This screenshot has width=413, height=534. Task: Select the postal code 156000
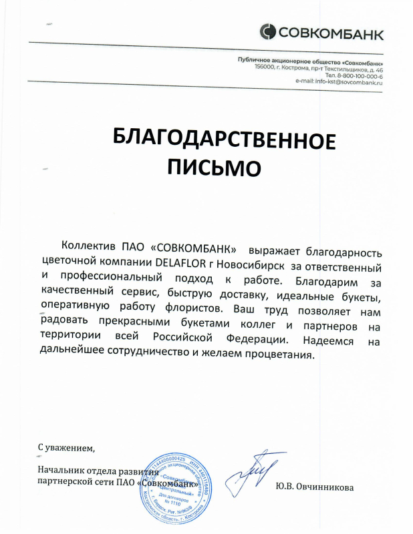(267, 69)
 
